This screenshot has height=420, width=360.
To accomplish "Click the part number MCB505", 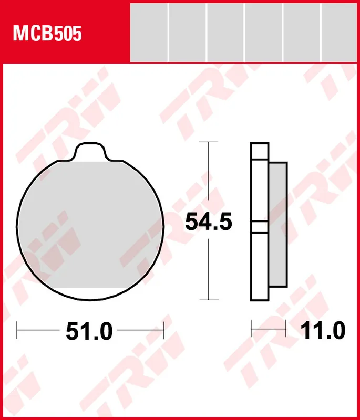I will pos(47,34).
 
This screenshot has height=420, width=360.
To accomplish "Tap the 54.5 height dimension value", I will pos(208,223).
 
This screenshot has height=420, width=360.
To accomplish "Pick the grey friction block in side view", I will pos(277,225).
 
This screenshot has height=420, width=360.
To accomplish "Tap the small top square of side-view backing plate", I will pos(260,151).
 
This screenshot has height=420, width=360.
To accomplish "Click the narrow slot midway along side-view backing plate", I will pos(260,227).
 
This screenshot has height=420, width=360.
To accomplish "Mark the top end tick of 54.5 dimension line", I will pos(209,142).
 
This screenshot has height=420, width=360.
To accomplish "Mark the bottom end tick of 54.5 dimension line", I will pos(209,300).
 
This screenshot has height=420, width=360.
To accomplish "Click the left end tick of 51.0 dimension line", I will pos(17,331).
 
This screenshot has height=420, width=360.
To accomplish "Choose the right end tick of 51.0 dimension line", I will pos(164,331).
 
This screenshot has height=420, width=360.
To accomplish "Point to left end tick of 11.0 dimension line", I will pos(252,330).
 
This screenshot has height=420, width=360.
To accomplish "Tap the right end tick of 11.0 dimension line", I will pos(285,330).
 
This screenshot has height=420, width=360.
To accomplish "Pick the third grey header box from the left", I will pos(225,31).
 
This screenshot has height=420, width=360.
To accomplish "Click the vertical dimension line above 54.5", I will pos(209,176).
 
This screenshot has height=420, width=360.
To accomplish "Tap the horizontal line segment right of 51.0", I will pos(140,331).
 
